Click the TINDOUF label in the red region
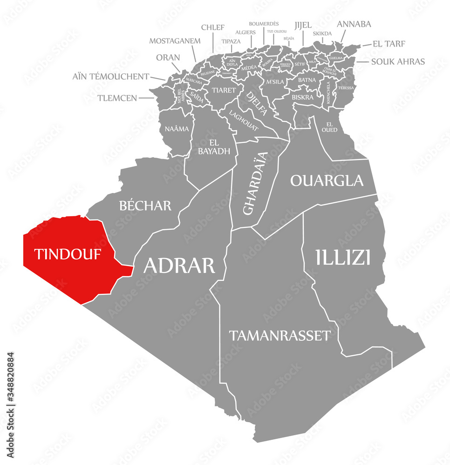(68, 254)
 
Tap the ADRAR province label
(179, 266)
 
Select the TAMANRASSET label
(280, 336)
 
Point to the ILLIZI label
(343, 257)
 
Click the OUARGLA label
(327, 180)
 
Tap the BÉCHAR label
(145, 206)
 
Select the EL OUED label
(329, 126)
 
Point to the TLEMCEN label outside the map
(117, 98)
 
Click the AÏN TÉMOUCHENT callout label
(111, 76)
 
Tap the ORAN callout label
(168, 58)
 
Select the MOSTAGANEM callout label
(175, 41)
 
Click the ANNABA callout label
(354, 24)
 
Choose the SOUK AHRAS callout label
(398, 61)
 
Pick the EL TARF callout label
(389, 44)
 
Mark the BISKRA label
(302, 97)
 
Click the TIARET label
(224, 90)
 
